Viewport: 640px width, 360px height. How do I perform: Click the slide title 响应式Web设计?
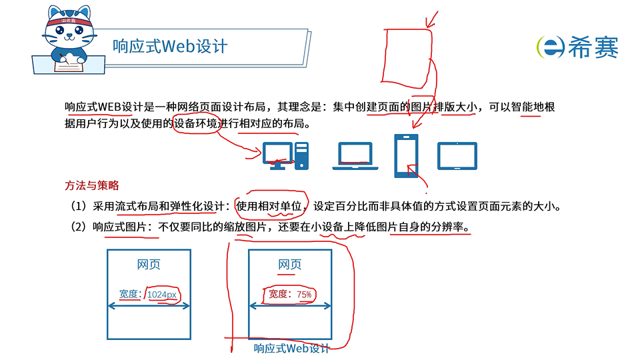[x=170, y=46]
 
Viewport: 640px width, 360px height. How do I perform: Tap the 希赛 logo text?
[x=593, y=47]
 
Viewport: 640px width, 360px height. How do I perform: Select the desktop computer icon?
[x=285, y=155]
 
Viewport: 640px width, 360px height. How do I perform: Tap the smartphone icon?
[x=407, y=155]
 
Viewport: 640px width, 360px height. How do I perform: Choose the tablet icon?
[x=457, y=155]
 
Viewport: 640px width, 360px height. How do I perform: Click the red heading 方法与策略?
[x=92, y=185]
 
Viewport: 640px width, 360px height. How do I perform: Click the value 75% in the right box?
[x=305, y=294]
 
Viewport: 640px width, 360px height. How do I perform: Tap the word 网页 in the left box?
[x=149, y=265]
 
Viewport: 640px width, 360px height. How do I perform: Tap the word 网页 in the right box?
[x=289, y=265]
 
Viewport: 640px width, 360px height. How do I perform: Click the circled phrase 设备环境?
[x=196, y=124]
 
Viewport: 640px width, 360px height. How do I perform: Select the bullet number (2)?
[x=79, y=227]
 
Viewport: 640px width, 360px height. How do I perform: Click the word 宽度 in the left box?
[x=129, y=294]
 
